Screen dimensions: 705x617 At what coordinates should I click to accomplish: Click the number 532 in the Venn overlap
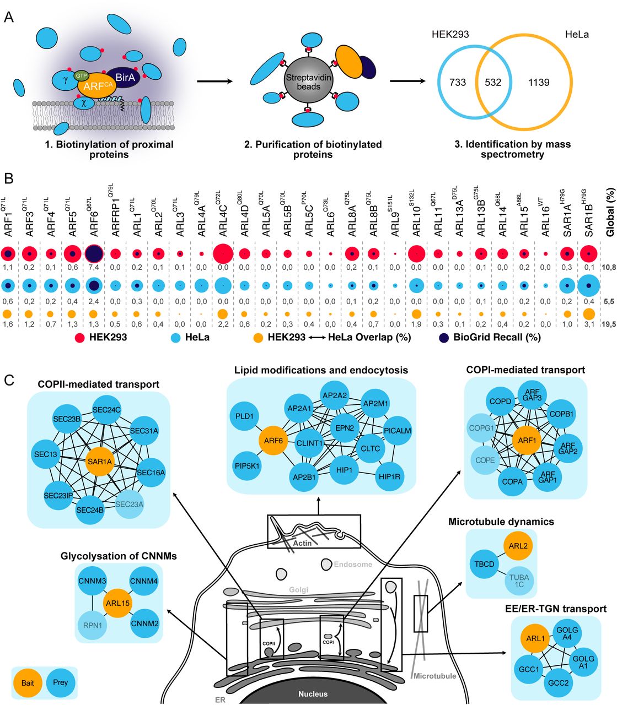pos(493,83)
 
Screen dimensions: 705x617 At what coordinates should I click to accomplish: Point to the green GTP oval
pos(82,75)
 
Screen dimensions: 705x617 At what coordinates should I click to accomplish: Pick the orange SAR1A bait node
pos(99,462)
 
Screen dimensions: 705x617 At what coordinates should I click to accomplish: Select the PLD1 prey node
pos(244,416)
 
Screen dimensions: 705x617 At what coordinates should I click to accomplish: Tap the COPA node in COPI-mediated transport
pos(512,481)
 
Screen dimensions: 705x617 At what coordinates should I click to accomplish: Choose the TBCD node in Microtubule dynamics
pos(485,564)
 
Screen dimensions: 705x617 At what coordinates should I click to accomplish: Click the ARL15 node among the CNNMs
pos(119,604)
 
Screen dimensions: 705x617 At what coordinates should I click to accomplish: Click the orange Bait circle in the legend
pos(28,683)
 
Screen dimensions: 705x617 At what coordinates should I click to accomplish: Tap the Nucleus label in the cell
pos(313,694)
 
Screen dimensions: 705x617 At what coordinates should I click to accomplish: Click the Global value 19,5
pos(608,324)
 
